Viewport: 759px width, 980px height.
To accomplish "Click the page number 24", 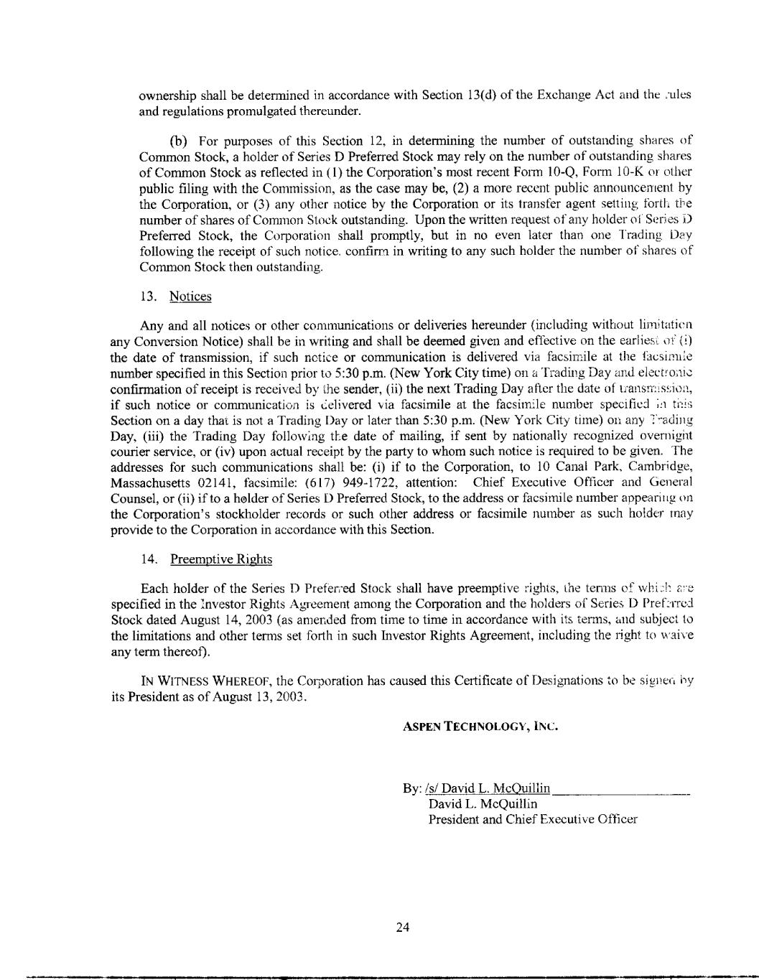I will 402,927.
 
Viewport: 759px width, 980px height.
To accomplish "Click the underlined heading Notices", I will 190,297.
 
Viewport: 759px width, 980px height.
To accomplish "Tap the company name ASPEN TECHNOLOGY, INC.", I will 480,725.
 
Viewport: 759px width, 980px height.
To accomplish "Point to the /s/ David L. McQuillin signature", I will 488,788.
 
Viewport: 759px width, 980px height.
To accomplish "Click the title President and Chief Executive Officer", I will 533,819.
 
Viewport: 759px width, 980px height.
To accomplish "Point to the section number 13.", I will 148,297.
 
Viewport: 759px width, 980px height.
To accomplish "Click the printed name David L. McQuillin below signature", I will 483,803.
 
